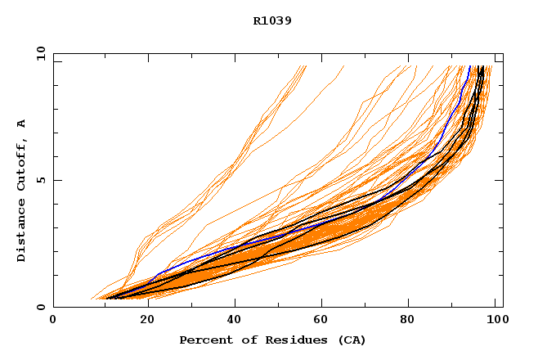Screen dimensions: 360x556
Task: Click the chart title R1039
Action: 272,21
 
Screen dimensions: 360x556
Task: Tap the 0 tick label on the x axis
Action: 53,319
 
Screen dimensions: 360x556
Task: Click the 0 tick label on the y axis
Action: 40,307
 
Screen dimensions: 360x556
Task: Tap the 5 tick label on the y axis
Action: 40,180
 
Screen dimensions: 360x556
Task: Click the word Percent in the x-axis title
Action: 204,340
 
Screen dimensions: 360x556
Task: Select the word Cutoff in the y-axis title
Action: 21,163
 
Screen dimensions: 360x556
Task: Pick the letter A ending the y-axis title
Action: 21,124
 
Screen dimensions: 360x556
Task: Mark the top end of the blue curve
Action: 469,66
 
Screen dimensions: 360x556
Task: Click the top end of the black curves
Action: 482,66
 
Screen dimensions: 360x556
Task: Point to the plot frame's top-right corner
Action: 503,54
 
